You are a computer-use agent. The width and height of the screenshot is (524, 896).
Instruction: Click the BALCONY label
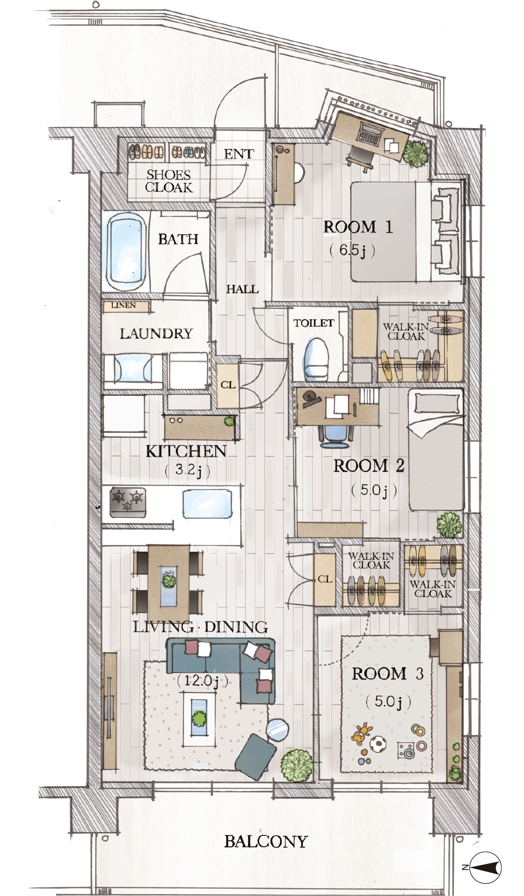(x=266, y=842)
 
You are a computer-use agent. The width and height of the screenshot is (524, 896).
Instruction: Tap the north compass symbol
(x=485, y=867)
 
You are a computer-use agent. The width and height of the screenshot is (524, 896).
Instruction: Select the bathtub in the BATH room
(x=126, y=252)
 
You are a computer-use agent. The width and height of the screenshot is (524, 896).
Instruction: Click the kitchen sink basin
(x=207, y=504)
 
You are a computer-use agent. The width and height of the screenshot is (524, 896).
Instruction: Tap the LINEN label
(x=124, y=306)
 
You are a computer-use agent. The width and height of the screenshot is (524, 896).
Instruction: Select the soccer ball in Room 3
(x=378, y=744)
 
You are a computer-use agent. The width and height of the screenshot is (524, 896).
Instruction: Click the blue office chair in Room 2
(x=335, y=436)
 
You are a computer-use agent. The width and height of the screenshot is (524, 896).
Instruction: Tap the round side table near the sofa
(x=277, y=729)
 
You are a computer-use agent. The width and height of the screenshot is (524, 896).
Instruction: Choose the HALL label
(x=242, y=289)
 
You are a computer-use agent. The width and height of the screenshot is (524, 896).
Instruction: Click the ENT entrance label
(x=239, y=154)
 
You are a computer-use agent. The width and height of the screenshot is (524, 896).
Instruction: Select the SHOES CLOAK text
(x=169, y=181)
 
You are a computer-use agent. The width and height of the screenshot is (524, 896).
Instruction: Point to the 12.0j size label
(x=203, y=681)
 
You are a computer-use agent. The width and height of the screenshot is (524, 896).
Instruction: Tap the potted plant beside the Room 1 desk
(x=415, y=152)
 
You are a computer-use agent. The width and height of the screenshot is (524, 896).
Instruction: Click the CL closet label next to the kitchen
(x=228, y=385)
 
